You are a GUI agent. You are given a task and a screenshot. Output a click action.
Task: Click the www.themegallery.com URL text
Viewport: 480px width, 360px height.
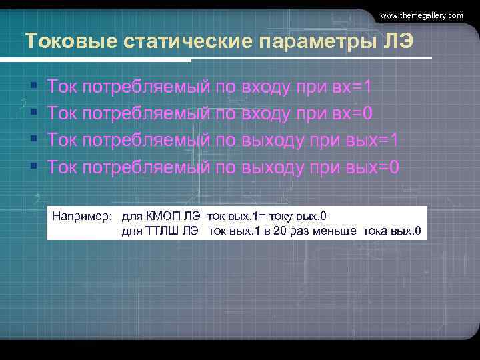point(421,15)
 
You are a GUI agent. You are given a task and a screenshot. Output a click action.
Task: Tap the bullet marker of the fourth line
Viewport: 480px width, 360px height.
point(33,167)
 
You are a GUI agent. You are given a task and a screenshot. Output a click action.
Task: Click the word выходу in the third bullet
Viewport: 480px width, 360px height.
point(272,139)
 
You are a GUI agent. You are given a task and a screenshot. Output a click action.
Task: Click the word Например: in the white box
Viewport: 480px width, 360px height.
point(81,216)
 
